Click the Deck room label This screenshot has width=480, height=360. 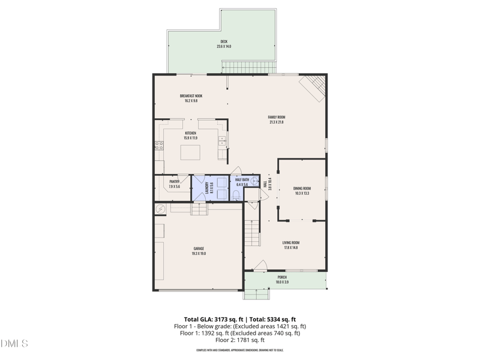224,44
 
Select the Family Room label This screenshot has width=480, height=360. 276,119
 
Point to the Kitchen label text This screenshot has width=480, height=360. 190,136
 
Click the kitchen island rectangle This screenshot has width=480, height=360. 191,152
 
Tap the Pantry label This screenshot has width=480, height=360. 175,184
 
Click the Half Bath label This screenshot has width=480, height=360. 242,182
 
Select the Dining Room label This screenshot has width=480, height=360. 302,191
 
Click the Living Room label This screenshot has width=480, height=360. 291,245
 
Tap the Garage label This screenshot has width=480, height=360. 199,251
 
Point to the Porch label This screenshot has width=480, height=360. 281,280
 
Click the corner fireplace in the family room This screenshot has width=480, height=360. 314,85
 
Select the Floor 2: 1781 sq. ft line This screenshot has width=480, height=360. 239,340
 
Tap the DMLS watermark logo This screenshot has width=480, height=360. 14,344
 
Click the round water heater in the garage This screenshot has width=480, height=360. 160,208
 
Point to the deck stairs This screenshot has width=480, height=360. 248,67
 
